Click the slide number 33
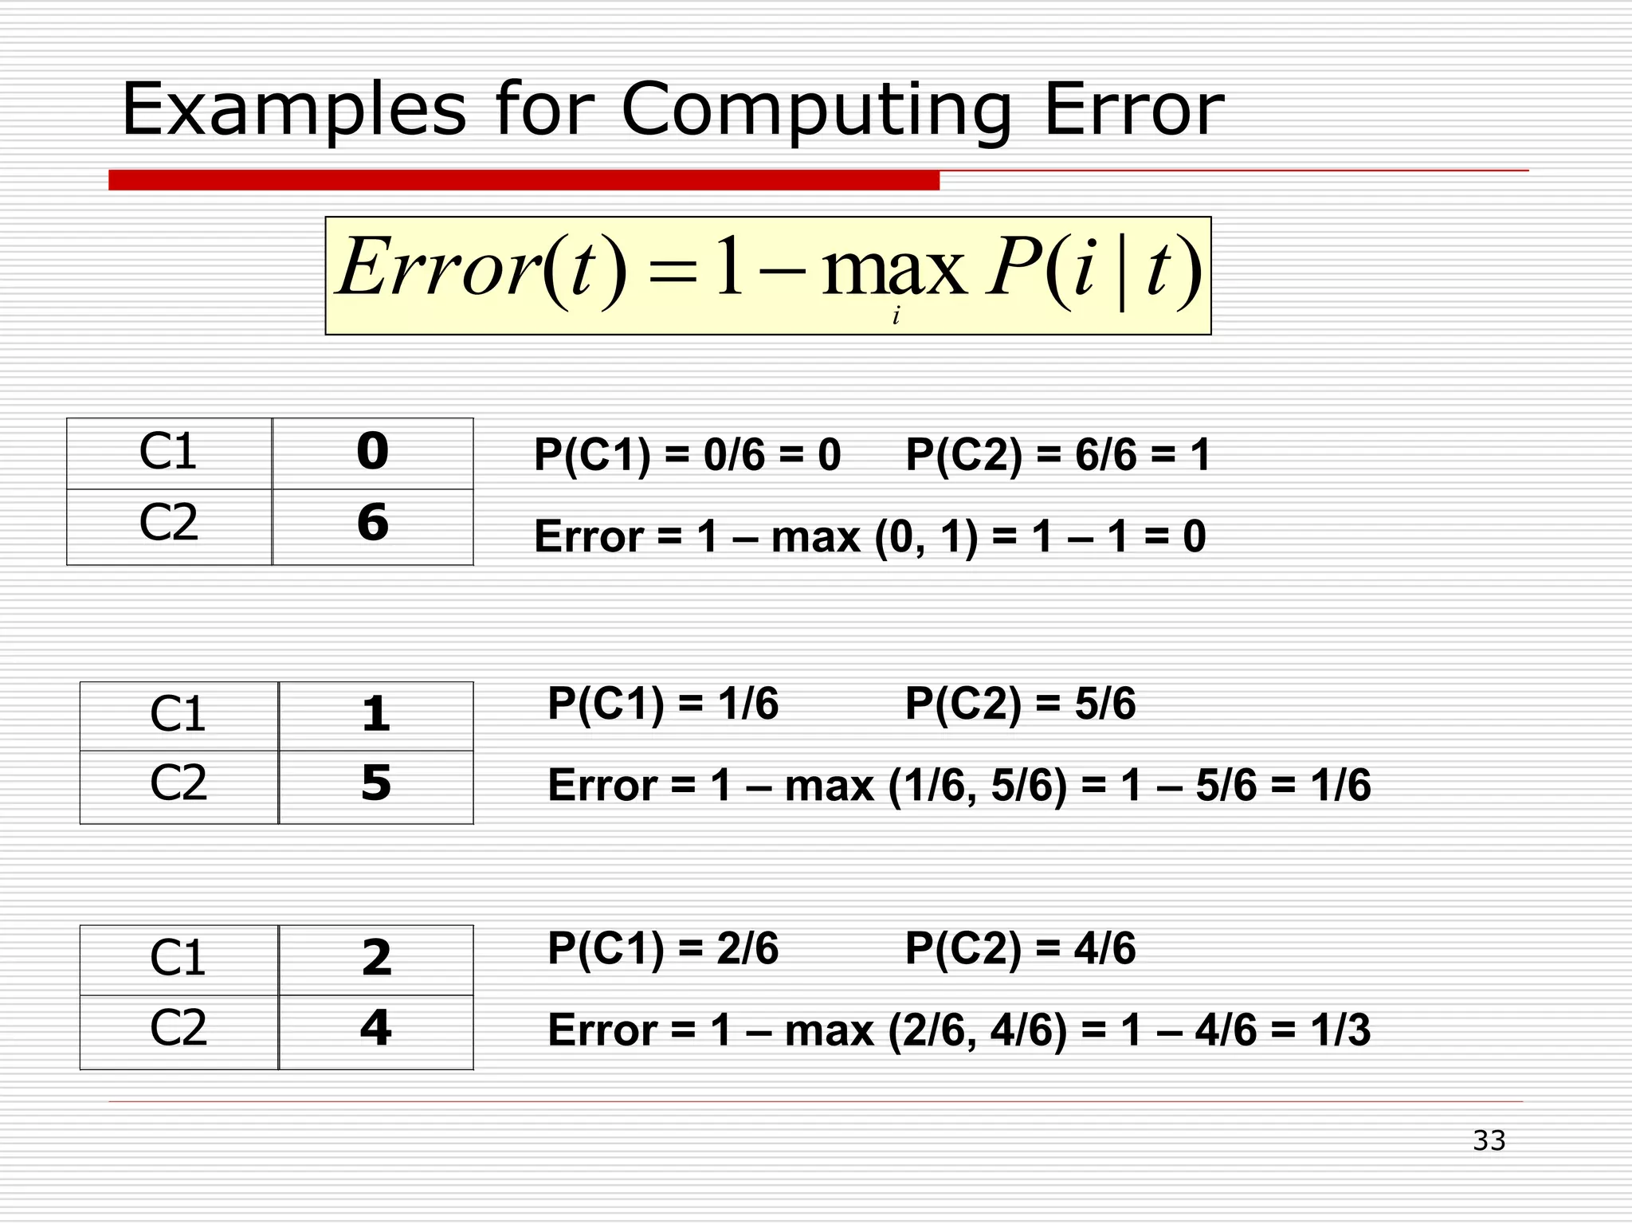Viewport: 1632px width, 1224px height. pos(1489,1140)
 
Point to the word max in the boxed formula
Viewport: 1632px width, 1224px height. pos(892,269)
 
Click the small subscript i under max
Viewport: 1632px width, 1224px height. pos(896,316)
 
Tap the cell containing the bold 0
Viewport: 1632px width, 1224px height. pos(373,452)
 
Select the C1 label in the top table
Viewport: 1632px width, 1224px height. pos(168,452)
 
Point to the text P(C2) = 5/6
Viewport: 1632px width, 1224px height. pos(1020,704)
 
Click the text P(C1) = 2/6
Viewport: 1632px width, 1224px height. pos(662,949)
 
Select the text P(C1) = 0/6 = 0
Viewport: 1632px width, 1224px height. pos(687,456)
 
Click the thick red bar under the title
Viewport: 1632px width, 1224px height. pos(524,180)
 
